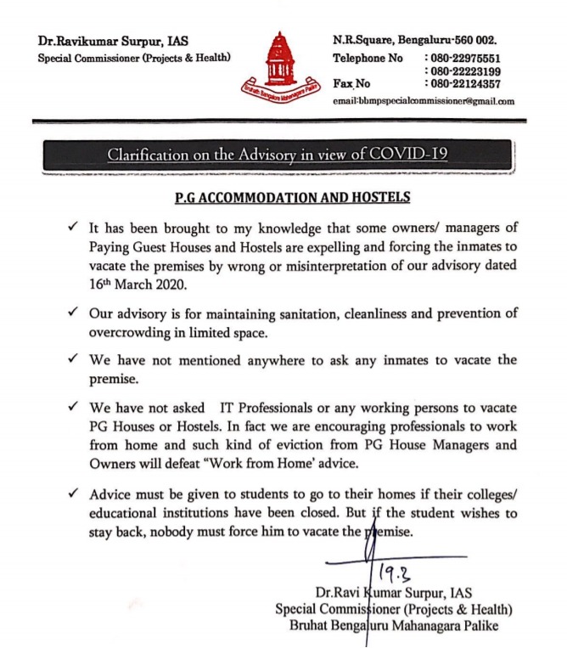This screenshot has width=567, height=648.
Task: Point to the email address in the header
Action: pos(424,101)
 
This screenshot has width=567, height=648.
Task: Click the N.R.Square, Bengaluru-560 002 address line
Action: pos(414,41)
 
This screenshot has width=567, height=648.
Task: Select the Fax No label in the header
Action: pos(352,84)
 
